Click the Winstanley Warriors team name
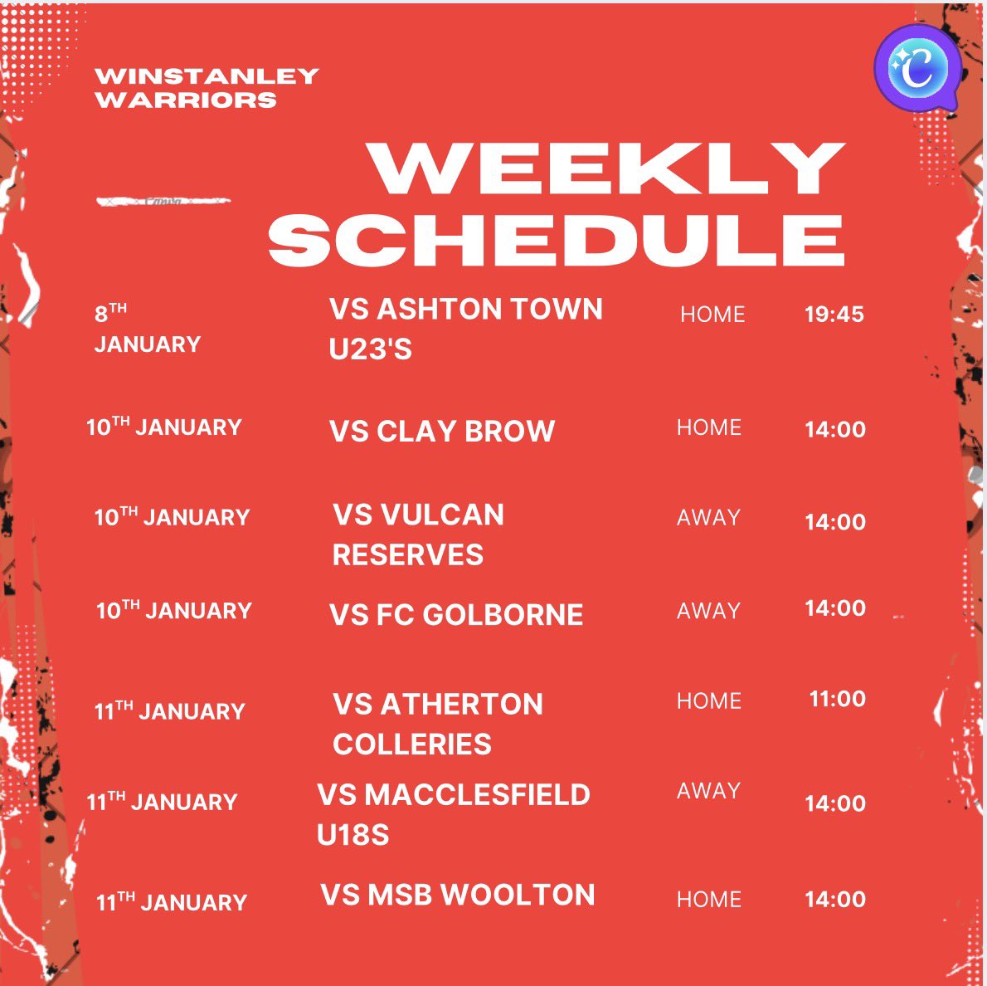click(207, 88)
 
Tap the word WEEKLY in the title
click(608, 169)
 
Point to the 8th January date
click(147, 329)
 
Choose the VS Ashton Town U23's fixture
click(465, 329)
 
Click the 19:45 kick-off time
click(834, 315)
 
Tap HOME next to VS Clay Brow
click(709, 427)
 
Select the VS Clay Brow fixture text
click(442, 432)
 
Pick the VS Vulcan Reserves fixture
click(418, 534)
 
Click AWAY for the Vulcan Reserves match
click(708, 518)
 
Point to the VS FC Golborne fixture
click(456, 615)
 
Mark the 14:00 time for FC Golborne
click(834, 608)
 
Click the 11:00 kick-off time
click(837, 699)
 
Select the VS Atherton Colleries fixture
click(437, 724)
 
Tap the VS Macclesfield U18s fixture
click(453, 814)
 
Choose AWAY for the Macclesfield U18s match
click(708, 791)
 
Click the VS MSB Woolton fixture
click(458, 896)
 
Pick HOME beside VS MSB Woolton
click(709, 900)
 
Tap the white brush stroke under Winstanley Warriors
click(163, 201)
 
